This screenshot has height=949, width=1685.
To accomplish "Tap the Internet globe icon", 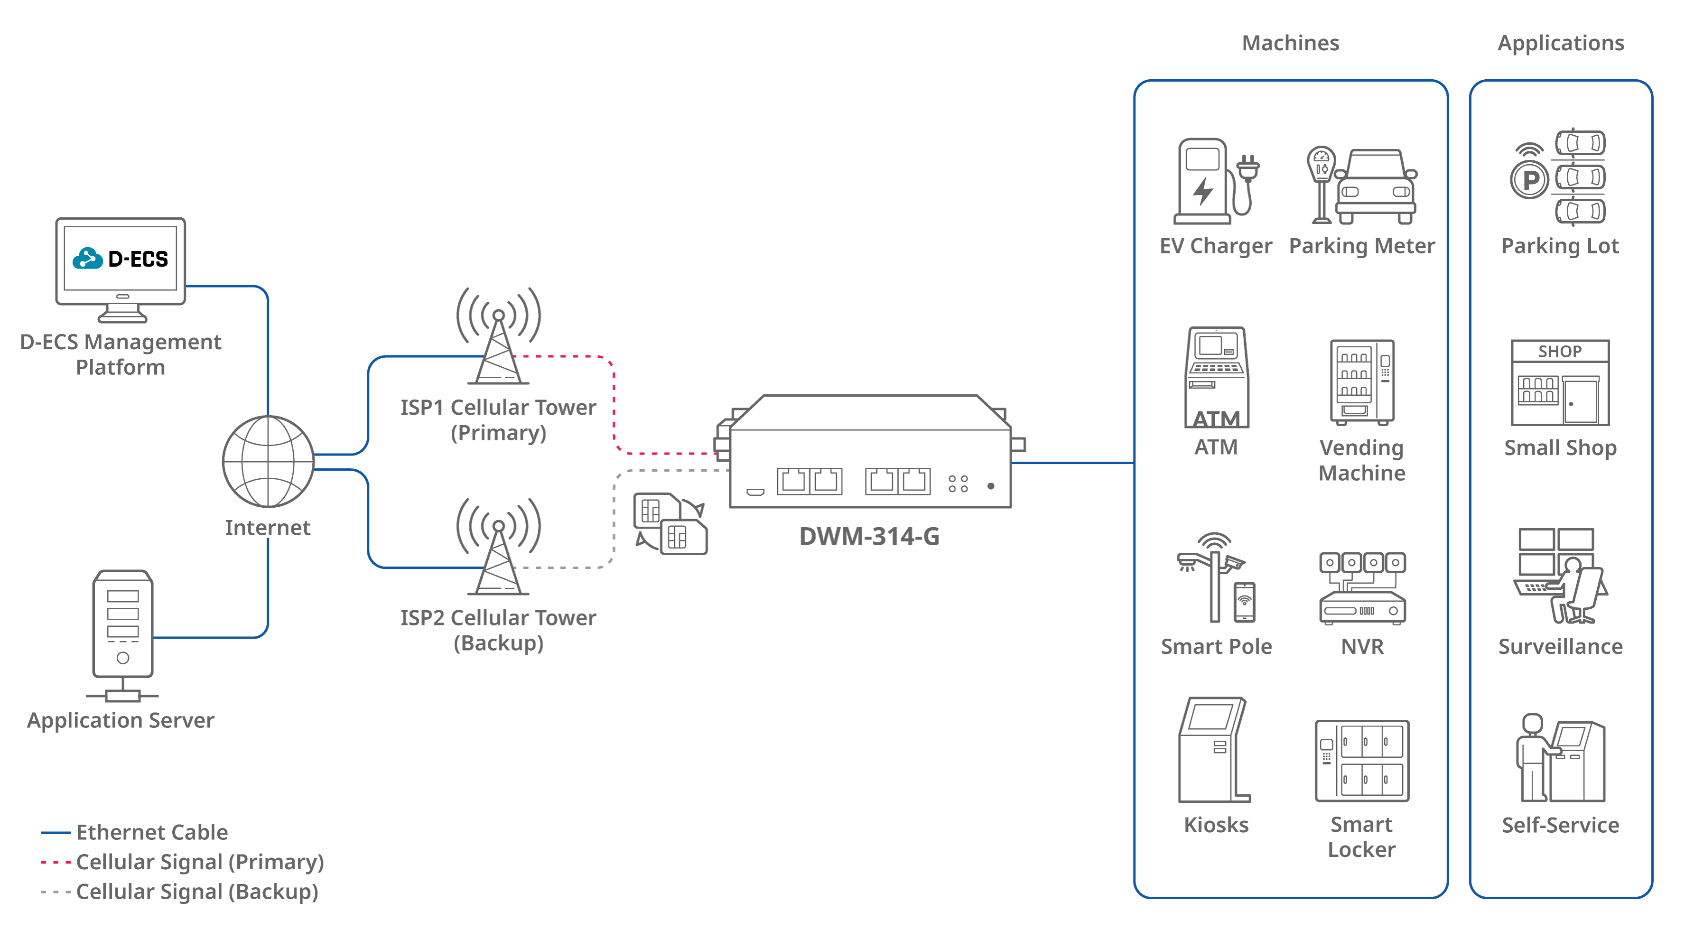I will (268, 461).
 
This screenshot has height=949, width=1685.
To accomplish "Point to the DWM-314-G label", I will (869, 536).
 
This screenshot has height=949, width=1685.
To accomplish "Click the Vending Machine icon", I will (1362, 382).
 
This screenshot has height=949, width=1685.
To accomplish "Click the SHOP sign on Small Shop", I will (1560, 351).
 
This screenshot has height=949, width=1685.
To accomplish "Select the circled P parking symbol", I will (1530, 180).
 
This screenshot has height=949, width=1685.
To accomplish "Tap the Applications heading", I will (1561, 43).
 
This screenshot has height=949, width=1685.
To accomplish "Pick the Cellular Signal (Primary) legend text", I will (199, 862).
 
